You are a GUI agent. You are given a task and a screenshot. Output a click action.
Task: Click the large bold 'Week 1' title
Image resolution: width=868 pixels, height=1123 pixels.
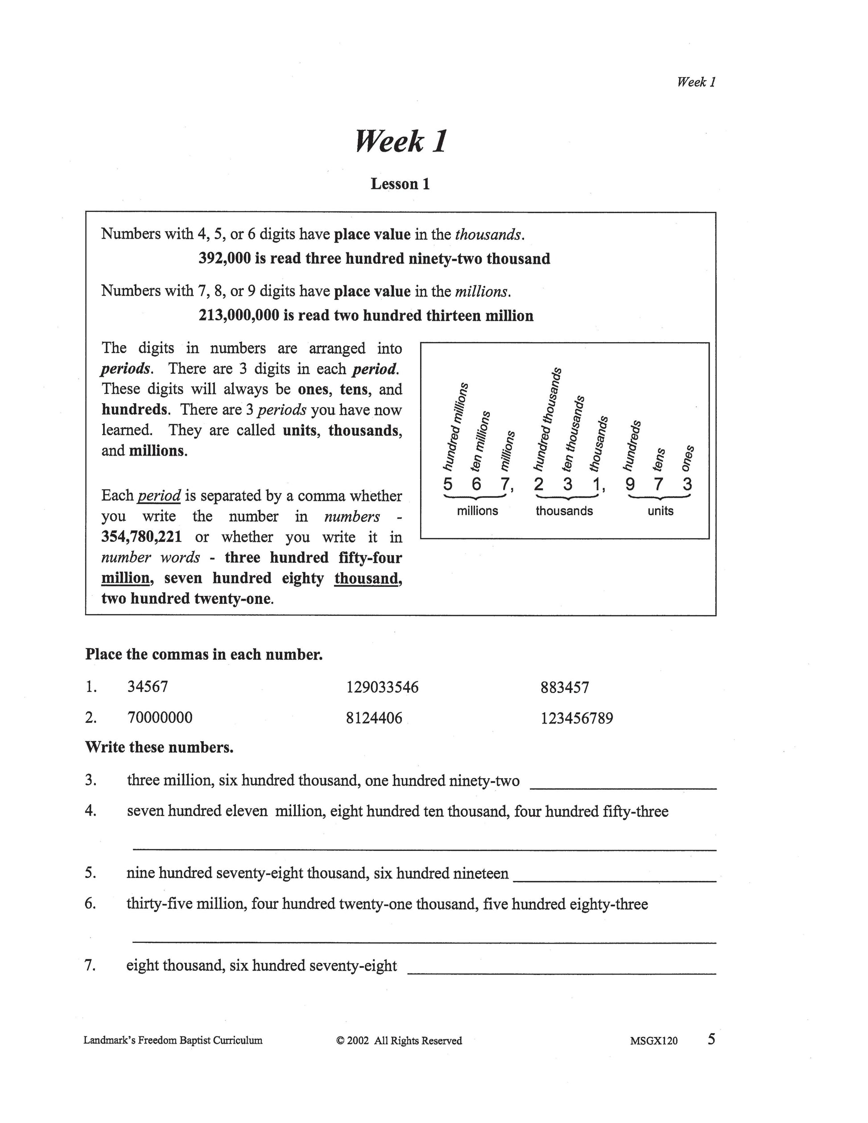click(x=401, y=141)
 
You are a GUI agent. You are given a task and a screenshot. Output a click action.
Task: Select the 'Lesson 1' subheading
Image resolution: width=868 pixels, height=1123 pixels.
click(x=400, y=184)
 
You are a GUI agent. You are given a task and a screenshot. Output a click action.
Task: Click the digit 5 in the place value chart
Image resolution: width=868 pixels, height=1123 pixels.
click(x=448, y=484)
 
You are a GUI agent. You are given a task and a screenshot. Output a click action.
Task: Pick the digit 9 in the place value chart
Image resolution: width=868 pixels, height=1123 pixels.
click(x=630, y=484)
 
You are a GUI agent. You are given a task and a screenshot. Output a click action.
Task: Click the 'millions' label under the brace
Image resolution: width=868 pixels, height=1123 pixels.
click(x=477, y=511)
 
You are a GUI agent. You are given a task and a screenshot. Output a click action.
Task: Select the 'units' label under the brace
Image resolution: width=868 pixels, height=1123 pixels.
click(x=660, y=511)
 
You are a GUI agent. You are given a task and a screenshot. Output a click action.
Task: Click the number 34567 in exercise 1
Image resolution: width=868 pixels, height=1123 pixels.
click(x=148, y=687)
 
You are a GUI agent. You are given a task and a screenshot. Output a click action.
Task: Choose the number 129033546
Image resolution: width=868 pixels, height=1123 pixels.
click(x=383, y=687)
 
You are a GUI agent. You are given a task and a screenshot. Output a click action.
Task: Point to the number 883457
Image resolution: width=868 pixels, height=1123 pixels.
click(x=565, y=687)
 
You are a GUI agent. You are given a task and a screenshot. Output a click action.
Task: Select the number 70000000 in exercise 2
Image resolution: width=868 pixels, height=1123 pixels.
click(x=160, y=718)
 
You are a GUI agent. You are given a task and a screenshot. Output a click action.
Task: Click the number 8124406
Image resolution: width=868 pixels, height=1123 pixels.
click(x=374, y=718)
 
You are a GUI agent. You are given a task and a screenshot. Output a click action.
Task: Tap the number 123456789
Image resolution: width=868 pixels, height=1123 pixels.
click(x=576, y=718)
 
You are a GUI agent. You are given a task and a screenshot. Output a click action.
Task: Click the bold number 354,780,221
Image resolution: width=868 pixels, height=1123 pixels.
click(x=141, y=537)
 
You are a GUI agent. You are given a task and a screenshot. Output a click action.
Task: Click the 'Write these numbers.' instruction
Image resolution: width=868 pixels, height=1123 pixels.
click(x=159, y=747)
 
